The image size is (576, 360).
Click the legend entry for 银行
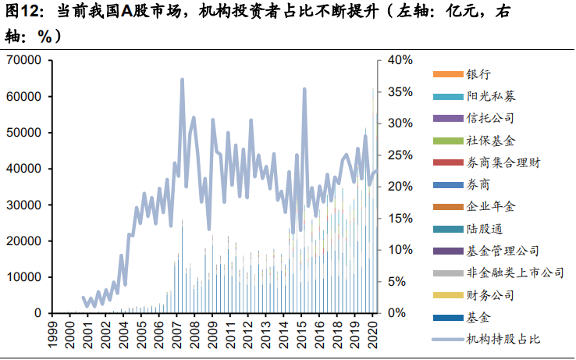[478, 74]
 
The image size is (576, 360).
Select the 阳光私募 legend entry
[490, 96]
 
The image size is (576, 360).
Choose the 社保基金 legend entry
[490, 141]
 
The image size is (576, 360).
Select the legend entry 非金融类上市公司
[514, 273]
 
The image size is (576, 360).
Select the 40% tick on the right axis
[399, 60]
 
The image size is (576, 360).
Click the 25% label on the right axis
[399, 155]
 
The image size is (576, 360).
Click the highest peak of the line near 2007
[182, 80]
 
